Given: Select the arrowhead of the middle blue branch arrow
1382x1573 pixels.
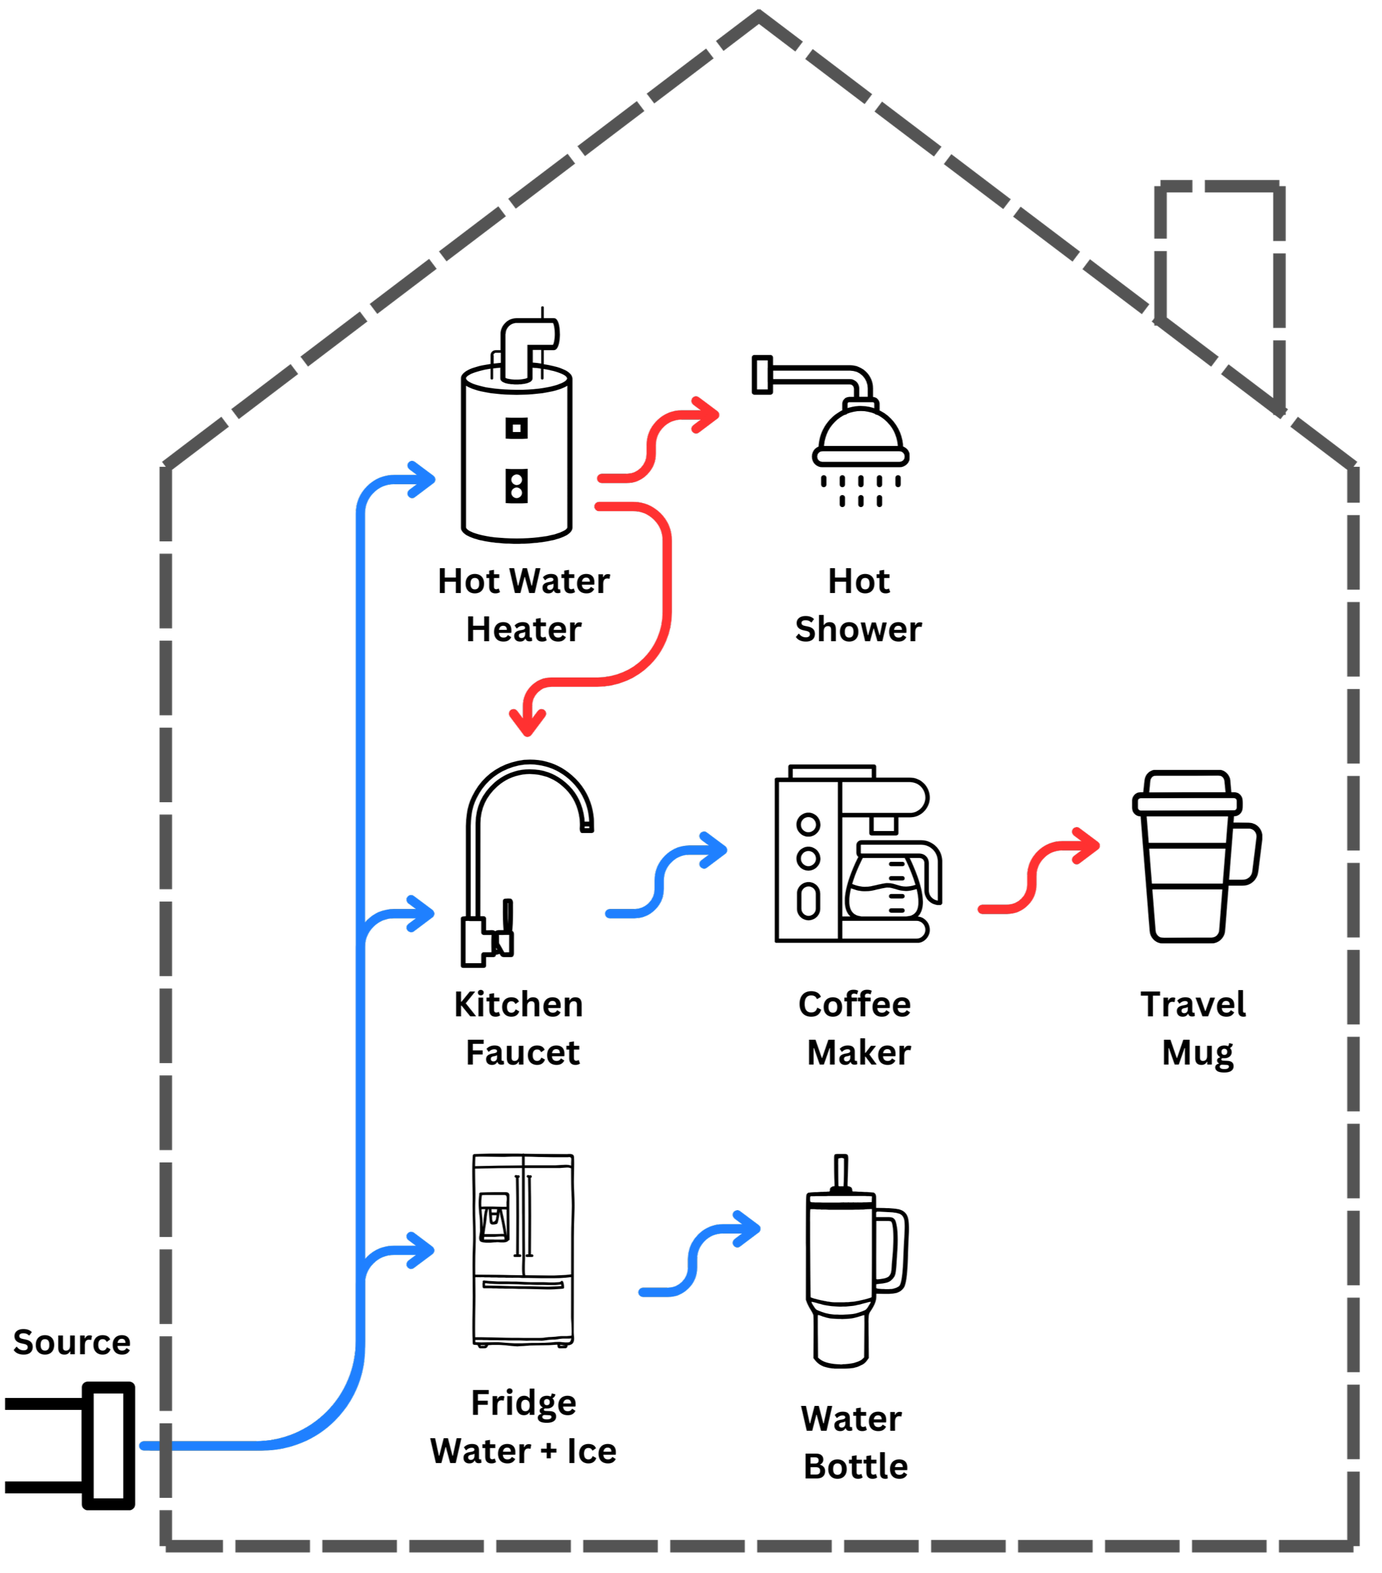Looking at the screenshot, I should tap(431, 914).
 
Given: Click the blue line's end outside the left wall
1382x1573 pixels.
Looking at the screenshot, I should tap(143, 1446).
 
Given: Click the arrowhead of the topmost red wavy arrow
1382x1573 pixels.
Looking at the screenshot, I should tap(716, 415).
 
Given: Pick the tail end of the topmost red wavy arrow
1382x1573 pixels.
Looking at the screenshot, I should tap(601, 479).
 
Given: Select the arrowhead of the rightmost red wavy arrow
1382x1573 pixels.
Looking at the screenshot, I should tap(1096, 846).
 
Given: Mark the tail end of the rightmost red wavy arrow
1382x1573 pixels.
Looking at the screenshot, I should tap(981, 910).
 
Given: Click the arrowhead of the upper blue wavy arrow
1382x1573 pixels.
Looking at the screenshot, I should tap(724, 850).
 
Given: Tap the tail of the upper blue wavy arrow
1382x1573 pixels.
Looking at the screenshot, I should tap(608, 914).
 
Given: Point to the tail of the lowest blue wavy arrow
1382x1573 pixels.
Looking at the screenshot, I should tap(642, 1292).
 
